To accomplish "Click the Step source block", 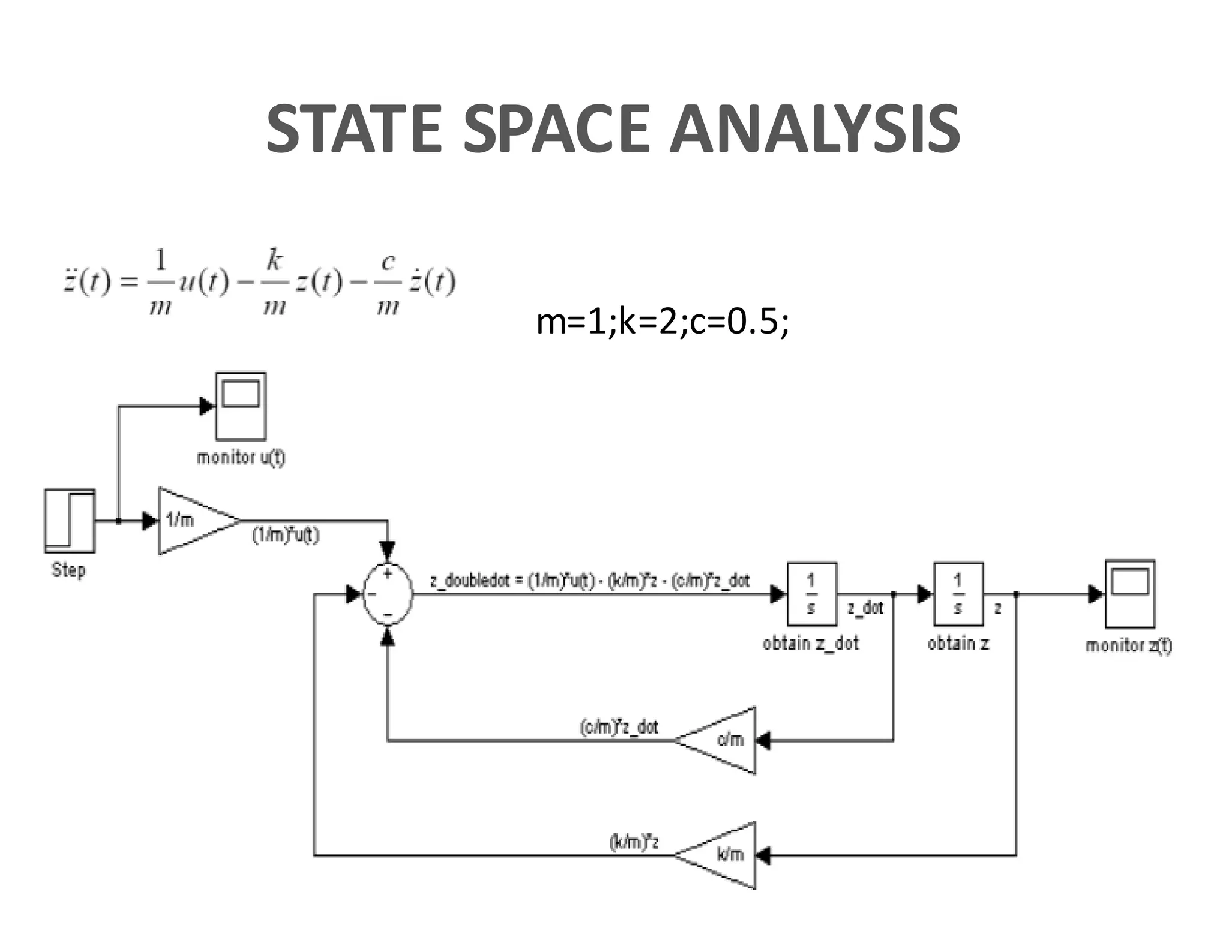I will coord(70,520).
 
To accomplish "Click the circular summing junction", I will coord(388,594).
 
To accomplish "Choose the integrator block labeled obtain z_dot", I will coord(811,594).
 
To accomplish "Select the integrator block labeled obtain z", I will coord(958,594).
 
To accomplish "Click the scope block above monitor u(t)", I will coord(241,406).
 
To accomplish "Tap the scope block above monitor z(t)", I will coord(1129,593).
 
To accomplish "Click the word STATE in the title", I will coord(354,128).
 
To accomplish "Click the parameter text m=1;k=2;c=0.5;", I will coord(662,322).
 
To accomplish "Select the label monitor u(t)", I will coord(241,458).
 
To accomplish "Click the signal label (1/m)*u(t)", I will coord(286,535).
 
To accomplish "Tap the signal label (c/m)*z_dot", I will coord(619,727).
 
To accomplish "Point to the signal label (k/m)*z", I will coord(634,842).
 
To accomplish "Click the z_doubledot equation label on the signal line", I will coord(590,581).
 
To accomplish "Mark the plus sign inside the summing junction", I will coord(388,574).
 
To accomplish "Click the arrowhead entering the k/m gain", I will coord(763,855).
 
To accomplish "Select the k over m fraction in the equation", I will coord(274,282).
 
